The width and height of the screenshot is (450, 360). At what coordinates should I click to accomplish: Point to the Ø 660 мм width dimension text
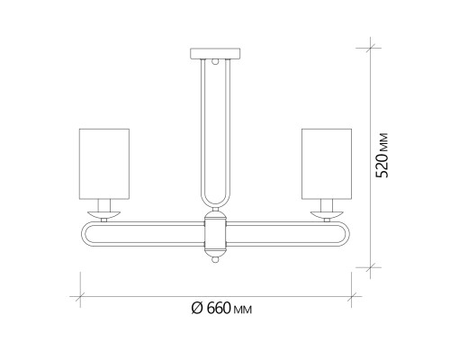pos(221,309)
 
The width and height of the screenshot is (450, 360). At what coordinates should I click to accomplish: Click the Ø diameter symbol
pos(196,309)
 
